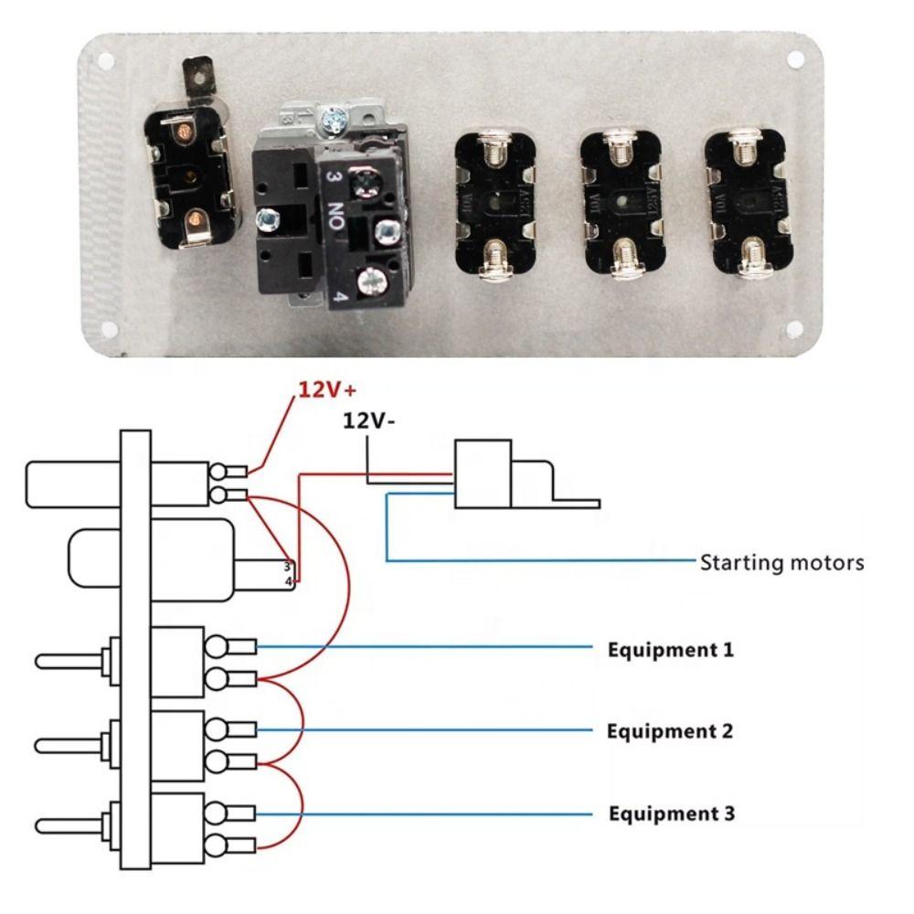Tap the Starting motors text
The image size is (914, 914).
tap(781, 561)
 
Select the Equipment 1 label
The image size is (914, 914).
tap(671, 651)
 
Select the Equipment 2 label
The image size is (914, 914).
tap(671, 731)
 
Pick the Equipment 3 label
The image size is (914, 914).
tap(671, 813)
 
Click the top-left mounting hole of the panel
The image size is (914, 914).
tap(107, 63)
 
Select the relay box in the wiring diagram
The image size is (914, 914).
tap(483, 473)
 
